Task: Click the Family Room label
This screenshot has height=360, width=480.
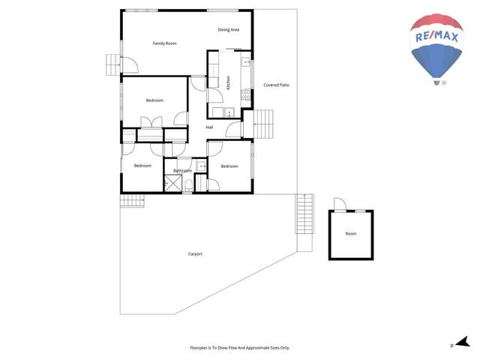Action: (165, 43)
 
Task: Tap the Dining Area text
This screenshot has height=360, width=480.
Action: (229, 30)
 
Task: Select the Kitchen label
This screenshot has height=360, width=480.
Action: (228, 80)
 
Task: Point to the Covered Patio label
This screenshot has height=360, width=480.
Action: (276, 85)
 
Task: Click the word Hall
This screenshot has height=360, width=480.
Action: (209, 127)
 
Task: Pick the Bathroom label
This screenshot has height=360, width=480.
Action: (183, 171)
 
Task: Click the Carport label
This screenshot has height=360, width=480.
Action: (195, 254)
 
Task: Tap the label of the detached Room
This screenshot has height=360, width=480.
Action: (351, 234)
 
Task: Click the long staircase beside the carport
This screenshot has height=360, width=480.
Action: (304, 214)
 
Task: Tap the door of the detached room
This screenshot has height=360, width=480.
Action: (338, 204)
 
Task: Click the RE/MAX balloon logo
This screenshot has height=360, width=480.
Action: (436, 49)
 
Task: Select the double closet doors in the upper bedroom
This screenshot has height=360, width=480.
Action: (151, 122)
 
